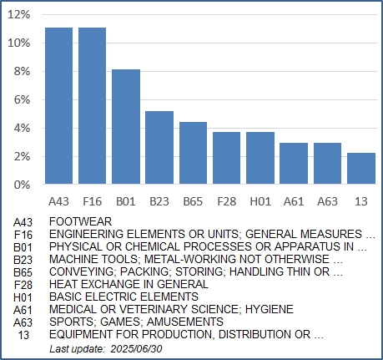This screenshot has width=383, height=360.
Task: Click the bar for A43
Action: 58,106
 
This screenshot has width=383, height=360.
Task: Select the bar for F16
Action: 92,106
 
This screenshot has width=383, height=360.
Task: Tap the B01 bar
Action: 126,127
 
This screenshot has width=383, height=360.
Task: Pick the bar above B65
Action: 193,153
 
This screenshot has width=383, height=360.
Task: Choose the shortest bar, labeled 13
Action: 361,169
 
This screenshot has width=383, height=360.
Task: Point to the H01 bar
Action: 260,158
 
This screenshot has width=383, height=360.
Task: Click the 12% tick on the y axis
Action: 18,14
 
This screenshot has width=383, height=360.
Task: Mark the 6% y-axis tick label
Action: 22,99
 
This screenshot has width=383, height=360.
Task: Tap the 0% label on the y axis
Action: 22,185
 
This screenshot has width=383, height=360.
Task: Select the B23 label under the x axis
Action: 159,201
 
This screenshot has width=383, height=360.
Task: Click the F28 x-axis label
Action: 227,201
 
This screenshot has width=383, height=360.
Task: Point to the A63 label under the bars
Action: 327,201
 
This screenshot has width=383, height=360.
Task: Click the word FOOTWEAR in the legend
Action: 80,221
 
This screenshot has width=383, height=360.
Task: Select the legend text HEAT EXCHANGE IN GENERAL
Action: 129,284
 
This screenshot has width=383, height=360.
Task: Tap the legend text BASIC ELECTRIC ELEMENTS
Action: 123,297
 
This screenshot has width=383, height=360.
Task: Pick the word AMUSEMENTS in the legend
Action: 185,322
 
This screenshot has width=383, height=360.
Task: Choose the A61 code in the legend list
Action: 23,310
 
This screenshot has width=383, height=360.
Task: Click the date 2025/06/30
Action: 136,349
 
